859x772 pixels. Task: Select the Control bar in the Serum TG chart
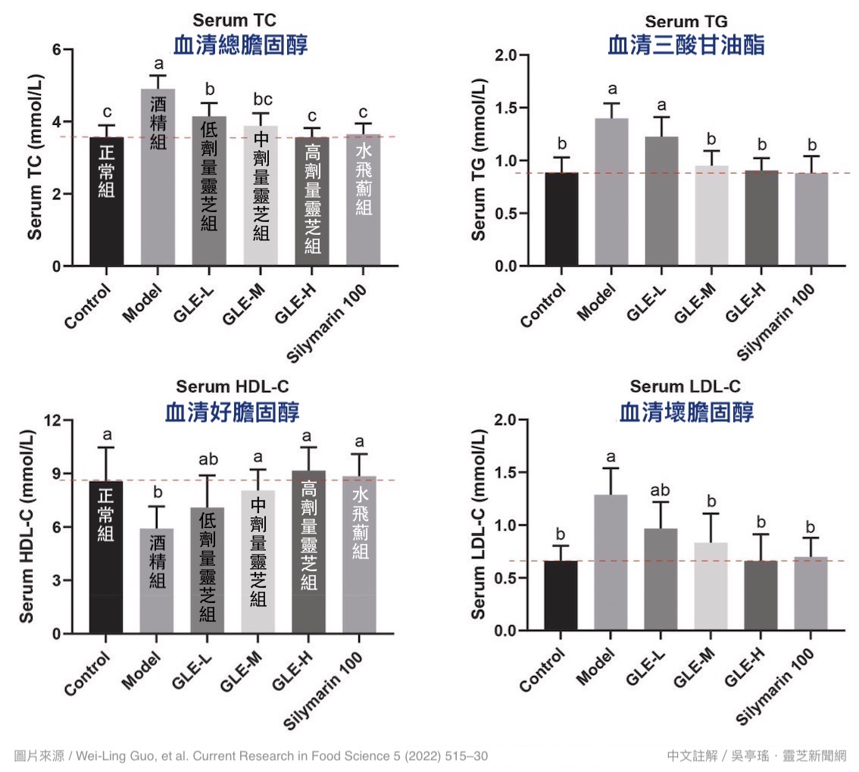tap(561, 219)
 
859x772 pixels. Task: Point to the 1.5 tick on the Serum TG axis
tap(515, 108)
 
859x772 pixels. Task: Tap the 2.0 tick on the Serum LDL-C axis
tap(515, 420)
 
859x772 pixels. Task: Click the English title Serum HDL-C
tap(232, 387)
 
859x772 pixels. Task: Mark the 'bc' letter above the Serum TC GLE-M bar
tap(261, 100)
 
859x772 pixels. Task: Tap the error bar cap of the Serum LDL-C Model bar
tap(611, 468)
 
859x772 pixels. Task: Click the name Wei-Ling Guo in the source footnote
tap(115, 755)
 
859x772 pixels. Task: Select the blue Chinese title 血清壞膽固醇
tap(686, 413)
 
